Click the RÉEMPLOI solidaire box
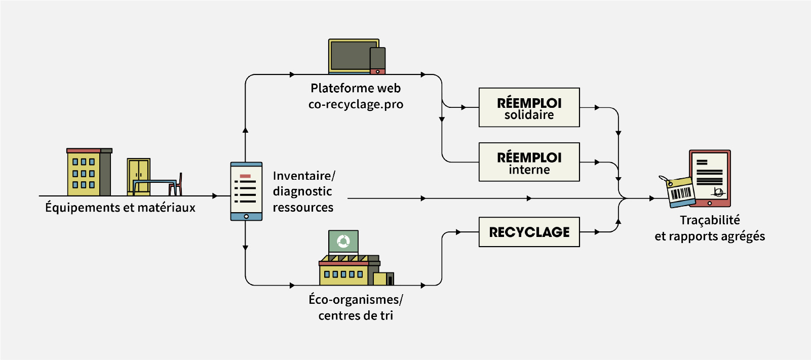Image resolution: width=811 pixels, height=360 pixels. click(529, 107)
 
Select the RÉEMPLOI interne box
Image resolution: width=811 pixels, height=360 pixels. click(529, 162)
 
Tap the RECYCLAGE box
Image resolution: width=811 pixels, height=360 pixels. click(529, 232)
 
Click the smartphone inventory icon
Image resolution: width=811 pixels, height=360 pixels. click(246, 191)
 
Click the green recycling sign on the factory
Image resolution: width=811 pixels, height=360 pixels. click(343, 242)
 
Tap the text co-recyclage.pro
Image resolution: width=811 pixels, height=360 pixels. click(356, 104)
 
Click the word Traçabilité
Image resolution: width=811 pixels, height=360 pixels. click(710, 220)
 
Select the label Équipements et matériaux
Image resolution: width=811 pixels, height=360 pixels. click(120, 208)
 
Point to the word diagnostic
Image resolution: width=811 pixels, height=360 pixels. click(302, 191)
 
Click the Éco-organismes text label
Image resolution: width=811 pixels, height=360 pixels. click(356, 299)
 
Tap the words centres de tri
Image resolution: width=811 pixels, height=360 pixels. click(356, 315)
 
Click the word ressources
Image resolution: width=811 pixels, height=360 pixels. click(303, 208)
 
